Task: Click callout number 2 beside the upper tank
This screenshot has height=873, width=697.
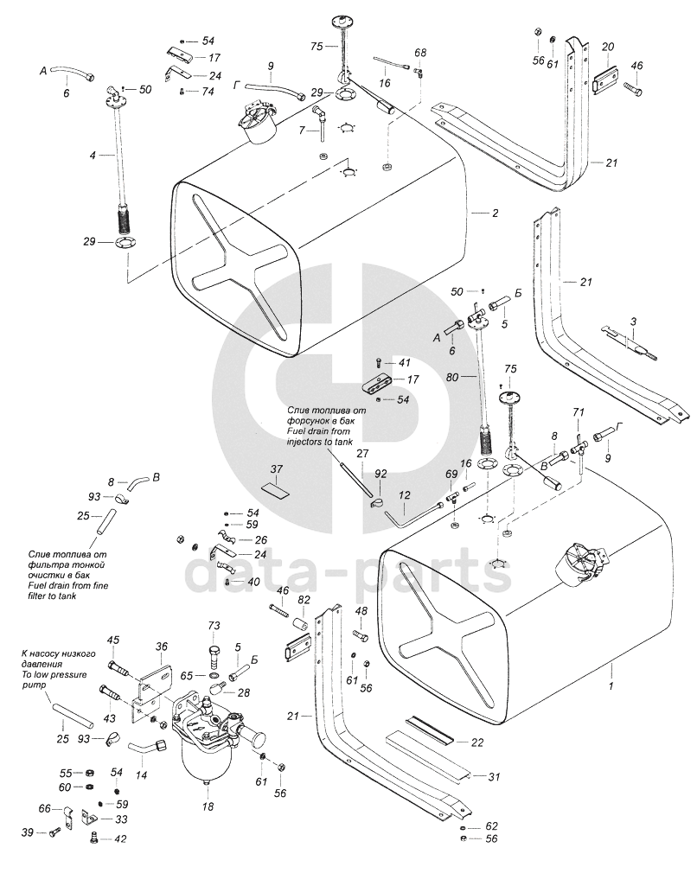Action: [x=496, y=213]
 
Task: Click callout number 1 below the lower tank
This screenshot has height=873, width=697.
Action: [x=611, y=686]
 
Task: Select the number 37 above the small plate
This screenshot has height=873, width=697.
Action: [x=277, y=469]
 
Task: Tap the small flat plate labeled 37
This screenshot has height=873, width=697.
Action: [x=276, y=490]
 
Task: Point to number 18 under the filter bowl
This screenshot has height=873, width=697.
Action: [x=208, y=806]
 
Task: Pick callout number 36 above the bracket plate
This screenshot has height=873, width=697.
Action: [x=162, y=647]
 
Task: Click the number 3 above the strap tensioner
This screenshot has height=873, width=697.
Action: [x=634, y=322]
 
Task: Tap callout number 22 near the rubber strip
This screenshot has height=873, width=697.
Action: [x=477, y=742]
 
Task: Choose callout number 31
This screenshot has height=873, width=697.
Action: [x=494, y=777]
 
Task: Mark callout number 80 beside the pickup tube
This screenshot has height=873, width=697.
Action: [x=452, y=378]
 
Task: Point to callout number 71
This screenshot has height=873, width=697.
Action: [x=578, y=412]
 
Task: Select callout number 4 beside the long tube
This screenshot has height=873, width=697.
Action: [x=93, y=156]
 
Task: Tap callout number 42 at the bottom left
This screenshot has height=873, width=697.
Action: [x=120, y=839]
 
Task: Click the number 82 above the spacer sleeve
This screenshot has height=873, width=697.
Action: [x=304, y=600]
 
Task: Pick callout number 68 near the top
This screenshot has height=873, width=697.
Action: [x=420, y=53]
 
